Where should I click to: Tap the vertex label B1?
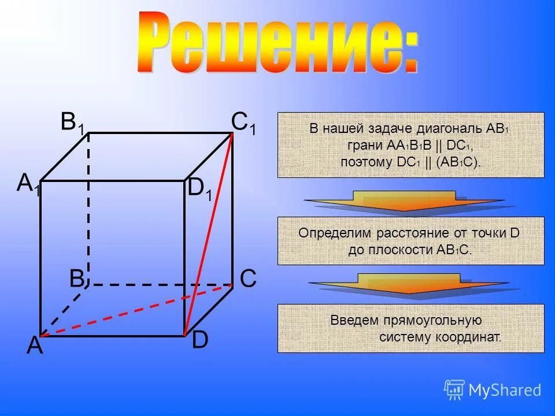coord(73,124)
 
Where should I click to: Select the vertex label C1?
coord(243,124)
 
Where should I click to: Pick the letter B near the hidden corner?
coord(77,278)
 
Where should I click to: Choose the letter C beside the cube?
coord(248,278)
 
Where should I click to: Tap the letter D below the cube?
coord(199,340)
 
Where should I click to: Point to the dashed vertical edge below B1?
coord(88,208)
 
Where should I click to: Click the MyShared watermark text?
coord(504,391)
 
